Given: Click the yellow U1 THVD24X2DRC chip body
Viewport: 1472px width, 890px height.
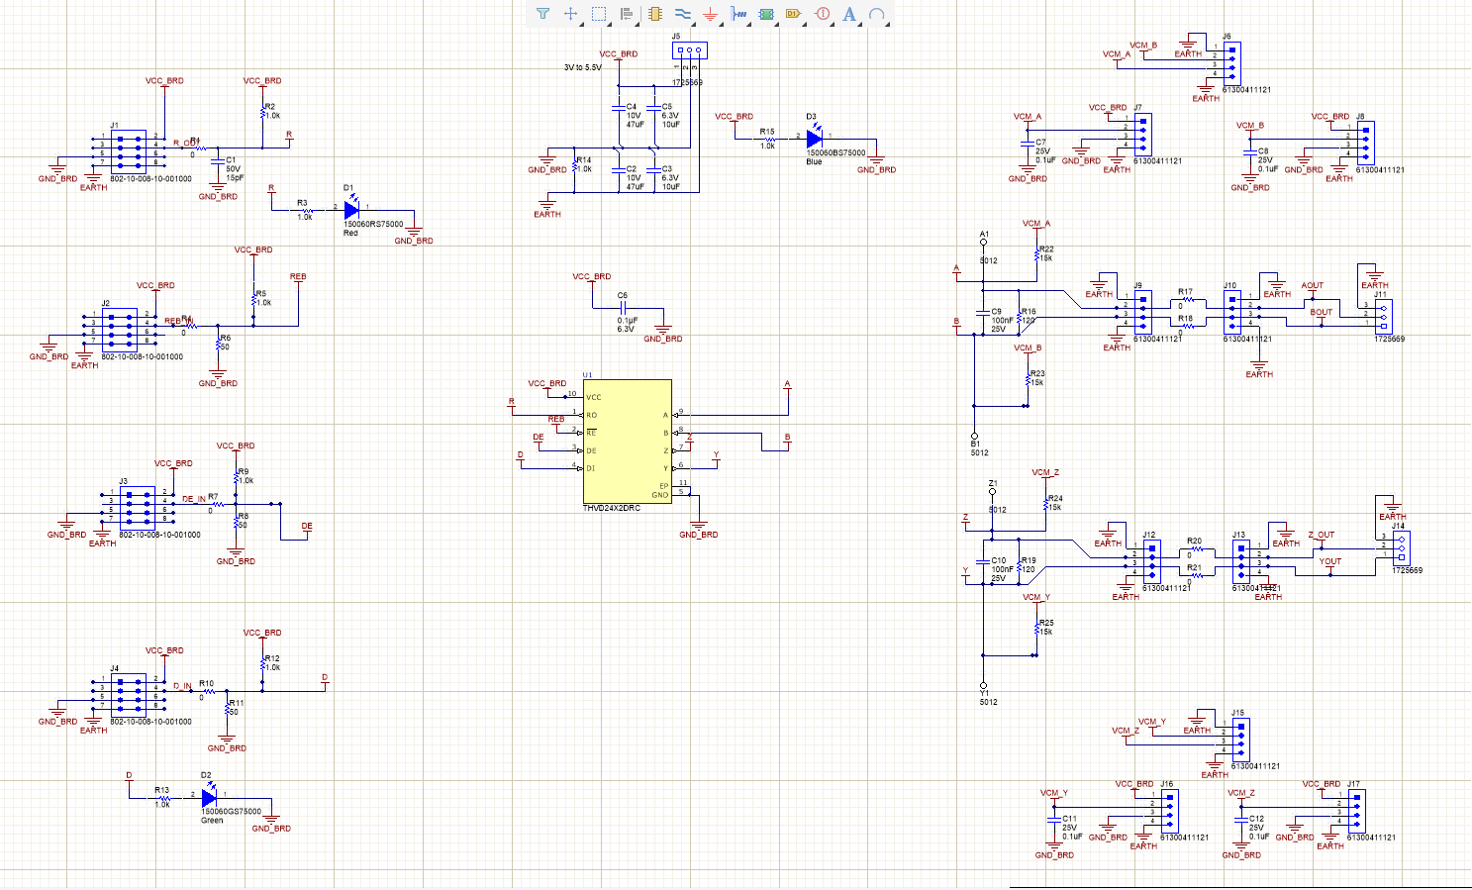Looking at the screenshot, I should (627, 441).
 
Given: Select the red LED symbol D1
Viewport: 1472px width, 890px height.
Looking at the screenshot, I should (350, 209).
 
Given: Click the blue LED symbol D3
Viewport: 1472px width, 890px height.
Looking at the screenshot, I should (814, 140).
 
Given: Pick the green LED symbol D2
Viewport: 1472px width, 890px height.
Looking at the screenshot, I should (208, 796).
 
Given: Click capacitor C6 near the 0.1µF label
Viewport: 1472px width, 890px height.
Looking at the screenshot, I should (625, 306).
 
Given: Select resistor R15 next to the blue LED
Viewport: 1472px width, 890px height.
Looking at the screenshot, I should (768, 140).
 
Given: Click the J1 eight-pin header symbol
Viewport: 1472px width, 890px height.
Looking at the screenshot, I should (129, 148).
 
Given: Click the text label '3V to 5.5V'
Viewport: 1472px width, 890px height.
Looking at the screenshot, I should (582, 68).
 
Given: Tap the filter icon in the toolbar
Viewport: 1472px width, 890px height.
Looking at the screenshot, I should (542, 14).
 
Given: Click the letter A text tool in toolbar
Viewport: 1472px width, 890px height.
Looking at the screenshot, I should (848, 14).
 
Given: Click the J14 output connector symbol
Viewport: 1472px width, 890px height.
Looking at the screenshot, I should (1400, 547).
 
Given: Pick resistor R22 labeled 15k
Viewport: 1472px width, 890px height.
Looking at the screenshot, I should (1036, 255).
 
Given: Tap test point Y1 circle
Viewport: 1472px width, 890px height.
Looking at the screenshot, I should (983, 685).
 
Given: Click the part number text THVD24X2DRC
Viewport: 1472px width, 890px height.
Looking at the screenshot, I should (611, 509).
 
